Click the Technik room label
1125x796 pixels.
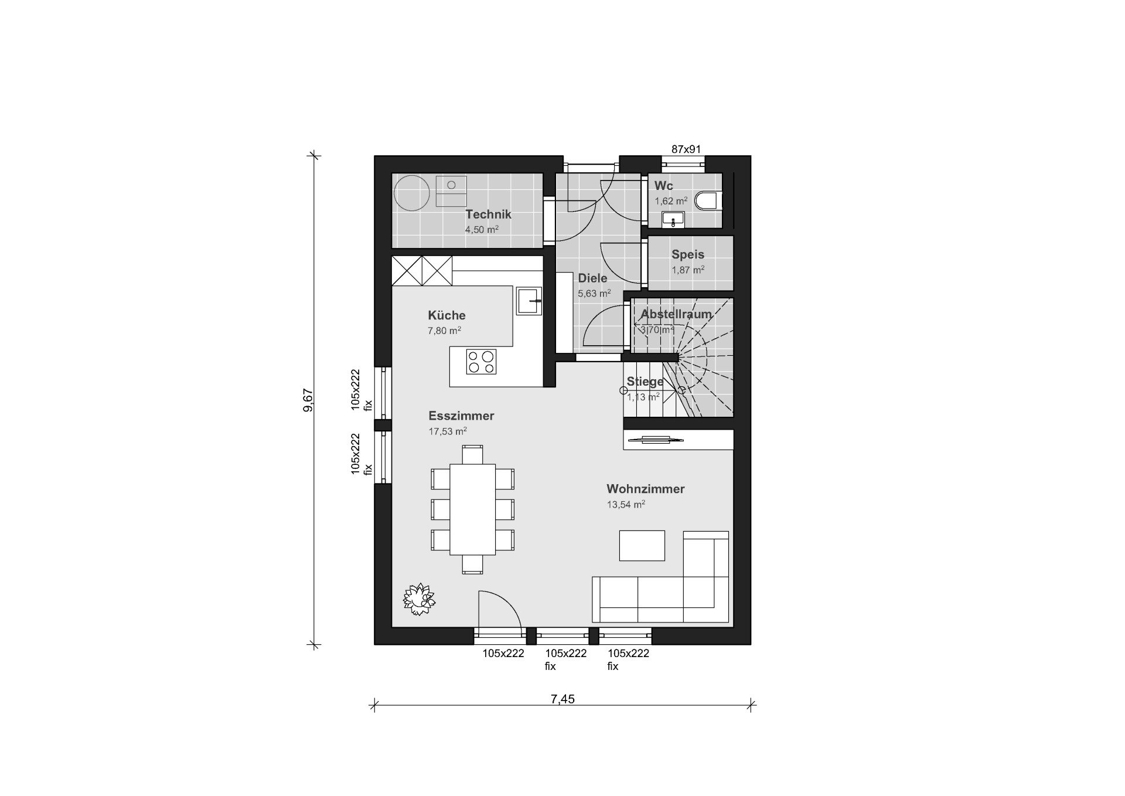[x=488, y=215]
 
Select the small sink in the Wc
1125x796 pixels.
[x=674, y=220]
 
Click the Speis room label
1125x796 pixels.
[x=688, y=254]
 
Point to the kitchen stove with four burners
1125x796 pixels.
[x=481, y=362]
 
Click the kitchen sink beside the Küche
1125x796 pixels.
[x=529, y=301]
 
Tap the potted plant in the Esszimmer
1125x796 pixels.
[x=419, y=599]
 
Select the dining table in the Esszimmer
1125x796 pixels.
[x=472, y=509]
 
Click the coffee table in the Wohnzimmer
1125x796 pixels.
[x=642, y=546]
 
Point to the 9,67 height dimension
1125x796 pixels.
[x=308, y=400]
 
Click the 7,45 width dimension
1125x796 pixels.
[x=562, y=699]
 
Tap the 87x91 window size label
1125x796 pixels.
[x=686, y=149]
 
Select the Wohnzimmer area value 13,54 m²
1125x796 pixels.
[x=626, y=504]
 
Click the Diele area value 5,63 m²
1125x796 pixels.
[x=594, y=293]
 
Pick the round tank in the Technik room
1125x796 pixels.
[x=412, y=193]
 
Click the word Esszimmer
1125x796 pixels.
[x=461, y=416]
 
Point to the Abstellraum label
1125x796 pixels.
[x=676, y=314]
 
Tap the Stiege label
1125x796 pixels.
[x=645, y=382]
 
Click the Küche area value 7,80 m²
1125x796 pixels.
[x=444, y=331]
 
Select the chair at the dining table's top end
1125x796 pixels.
[x=472, y=455]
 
